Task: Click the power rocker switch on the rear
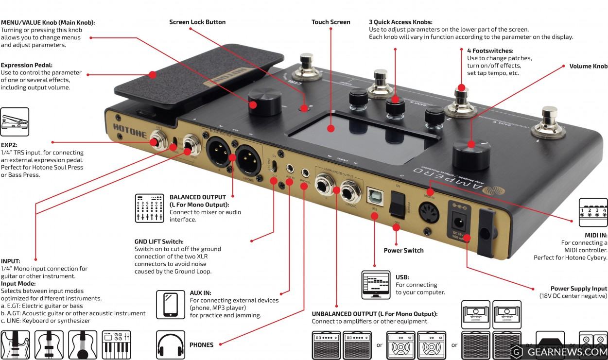pos(398,204)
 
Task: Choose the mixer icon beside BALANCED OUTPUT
pos(149,208)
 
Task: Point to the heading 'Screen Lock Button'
pos(197,22)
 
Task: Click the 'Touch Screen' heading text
pos(330,22)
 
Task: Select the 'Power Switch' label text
pos(403,250)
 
